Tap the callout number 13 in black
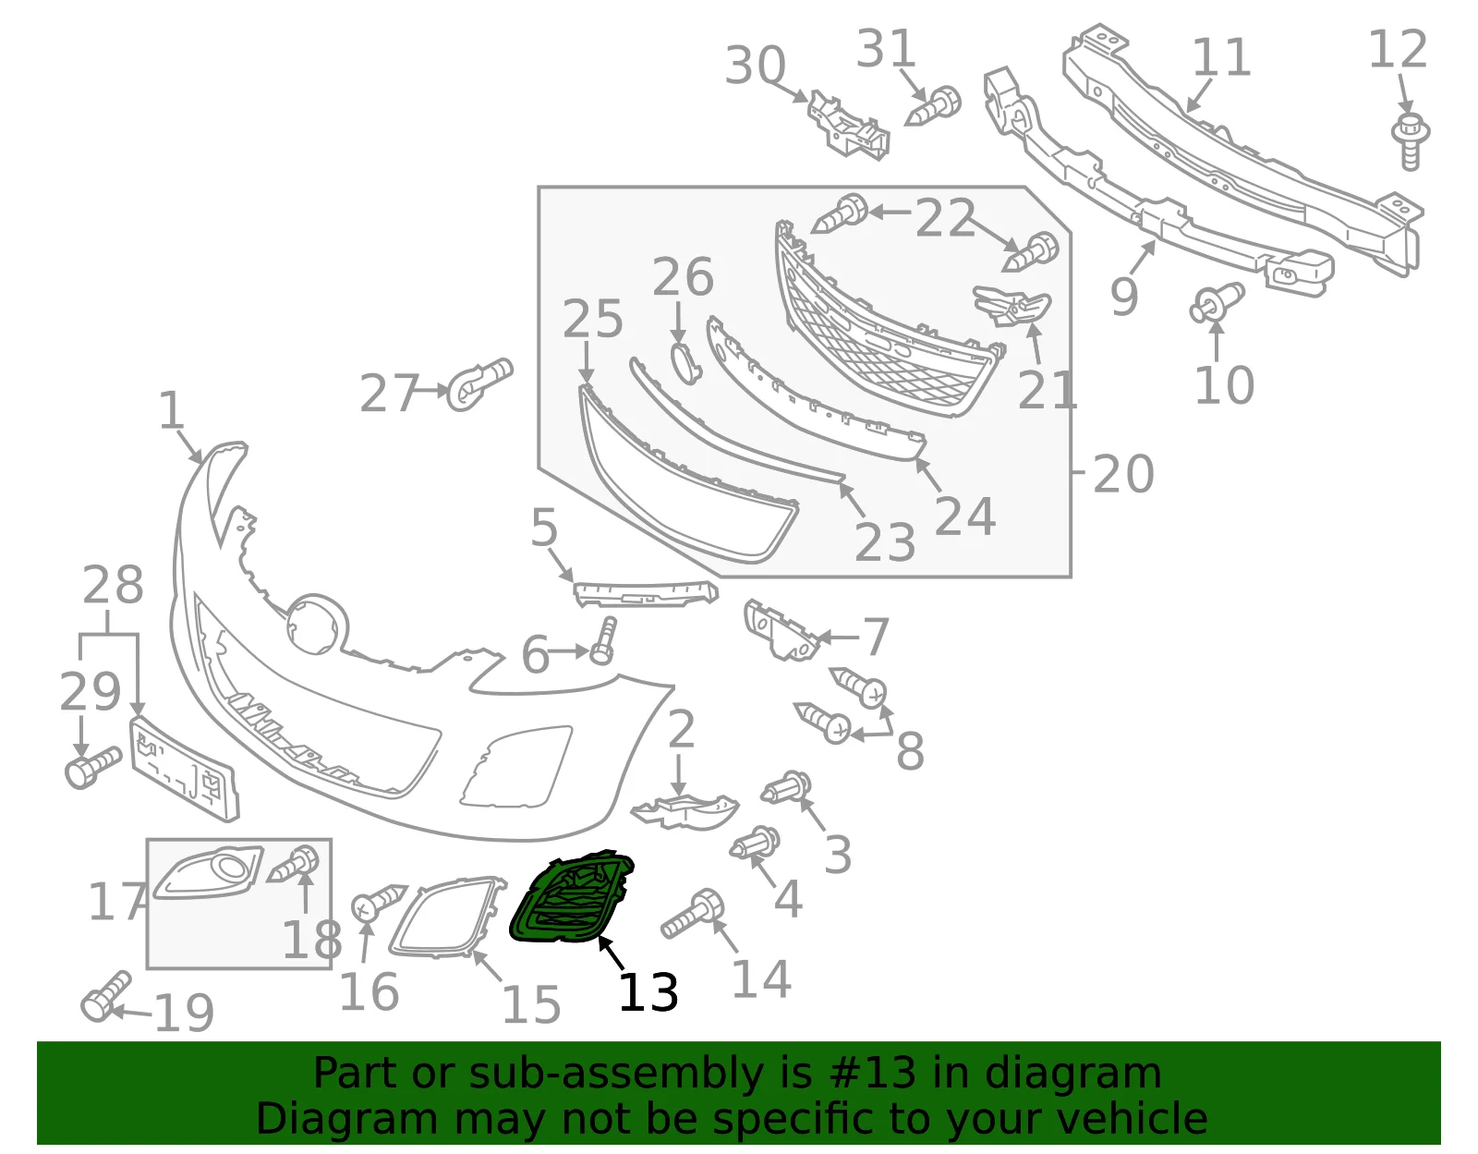click(648, 992)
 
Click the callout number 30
click(755, 66)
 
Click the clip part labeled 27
click(479, 384)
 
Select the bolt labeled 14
click(693, 914)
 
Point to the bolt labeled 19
click(105, 996)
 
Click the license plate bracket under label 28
click(184, 769)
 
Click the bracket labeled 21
click(1012, 307)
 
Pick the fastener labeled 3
click(786, 787)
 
